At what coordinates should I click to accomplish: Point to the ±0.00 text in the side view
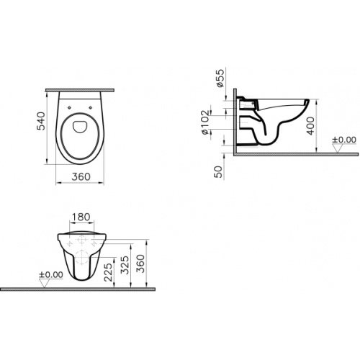[343, 140]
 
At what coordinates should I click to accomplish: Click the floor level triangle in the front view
[45, 284]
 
